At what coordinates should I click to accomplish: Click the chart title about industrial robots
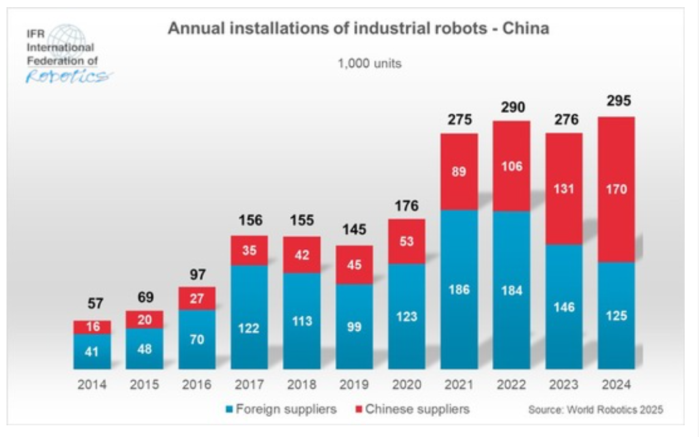359,29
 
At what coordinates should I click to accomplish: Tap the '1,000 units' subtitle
369,64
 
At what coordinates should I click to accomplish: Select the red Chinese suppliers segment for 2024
616,189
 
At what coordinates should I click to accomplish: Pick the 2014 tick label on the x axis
92,384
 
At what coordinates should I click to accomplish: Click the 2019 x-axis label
355,384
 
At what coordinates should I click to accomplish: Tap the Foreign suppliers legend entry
281,410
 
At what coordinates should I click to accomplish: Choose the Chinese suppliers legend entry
411,410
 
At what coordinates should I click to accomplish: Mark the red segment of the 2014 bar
92,327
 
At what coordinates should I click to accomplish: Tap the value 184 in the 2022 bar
511,291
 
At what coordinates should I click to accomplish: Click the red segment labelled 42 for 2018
302,254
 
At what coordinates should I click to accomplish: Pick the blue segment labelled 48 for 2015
145,349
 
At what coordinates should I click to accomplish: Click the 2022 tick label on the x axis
512,384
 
